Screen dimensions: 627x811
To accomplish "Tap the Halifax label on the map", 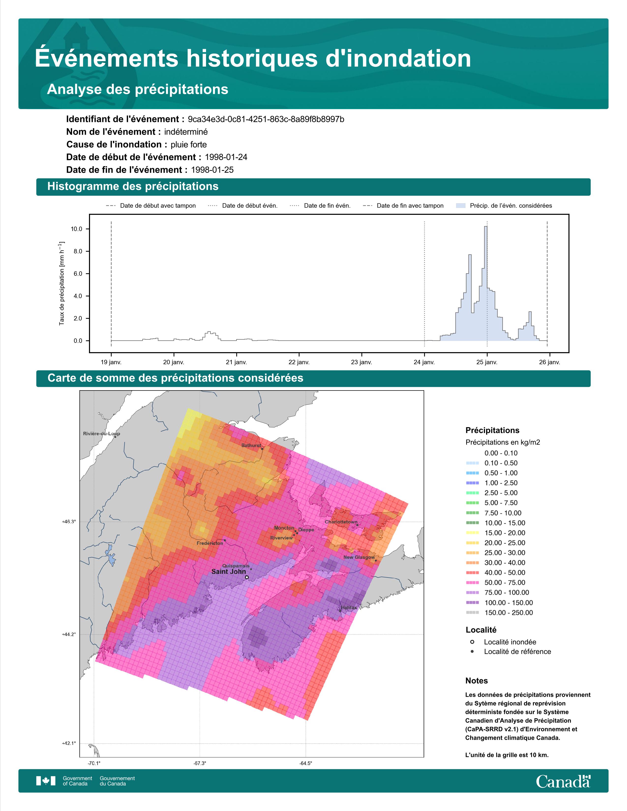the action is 349,608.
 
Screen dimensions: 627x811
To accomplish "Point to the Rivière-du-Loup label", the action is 101,433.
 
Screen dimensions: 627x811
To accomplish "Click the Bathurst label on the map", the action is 251,445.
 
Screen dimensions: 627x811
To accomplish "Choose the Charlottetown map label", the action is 341,522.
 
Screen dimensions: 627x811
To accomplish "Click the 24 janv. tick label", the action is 424,362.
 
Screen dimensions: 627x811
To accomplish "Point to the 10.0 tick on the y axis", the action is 76,229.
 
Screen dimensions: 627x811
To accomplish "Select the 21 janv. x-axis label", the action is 236,362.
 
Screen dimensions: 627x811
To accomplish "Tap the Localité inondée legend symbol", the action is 472,642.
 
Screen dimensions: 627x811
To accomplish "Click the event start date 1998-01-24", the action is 226,157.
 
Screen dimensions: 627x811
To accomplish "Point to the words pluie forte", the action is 189,145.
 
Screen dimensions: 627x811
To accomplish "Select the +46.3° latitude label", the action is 69,522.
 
